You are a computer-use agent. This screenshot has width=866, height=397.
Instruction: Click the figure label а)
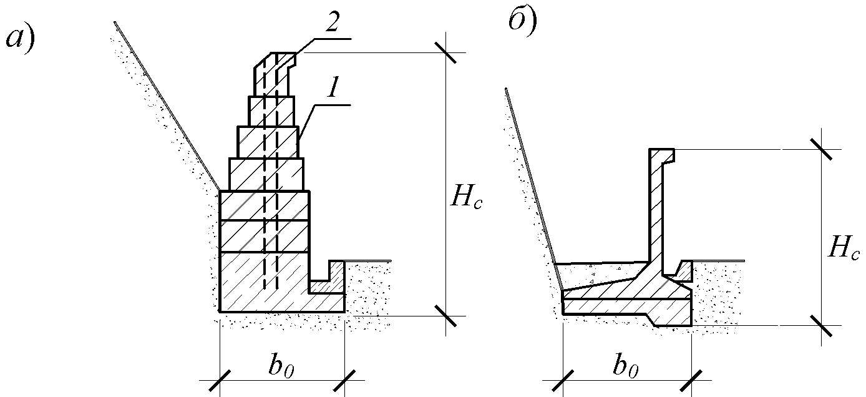coord(21,42)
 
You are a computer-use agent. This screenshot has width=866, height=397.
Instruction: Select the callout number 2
coord(332,22)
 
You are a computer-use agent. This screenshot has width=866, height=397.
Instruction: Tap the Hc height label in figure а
coord(466,200)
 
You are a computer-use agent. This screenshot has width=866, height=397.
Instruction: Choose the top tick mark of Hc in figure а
coord(445,52)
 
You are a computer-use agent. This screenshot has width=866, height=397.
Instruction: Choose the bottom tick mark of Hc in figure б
coord(821,326)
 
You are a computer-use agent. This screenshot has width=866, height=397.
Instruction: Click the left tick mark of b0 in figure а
coord(220,380)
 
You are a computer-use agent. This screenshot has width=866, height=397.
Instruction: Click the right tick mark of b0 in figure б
coord(691,380)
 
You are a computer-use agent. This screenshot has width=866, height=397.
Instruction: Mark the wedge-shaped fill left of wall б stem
coord(599,275)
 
